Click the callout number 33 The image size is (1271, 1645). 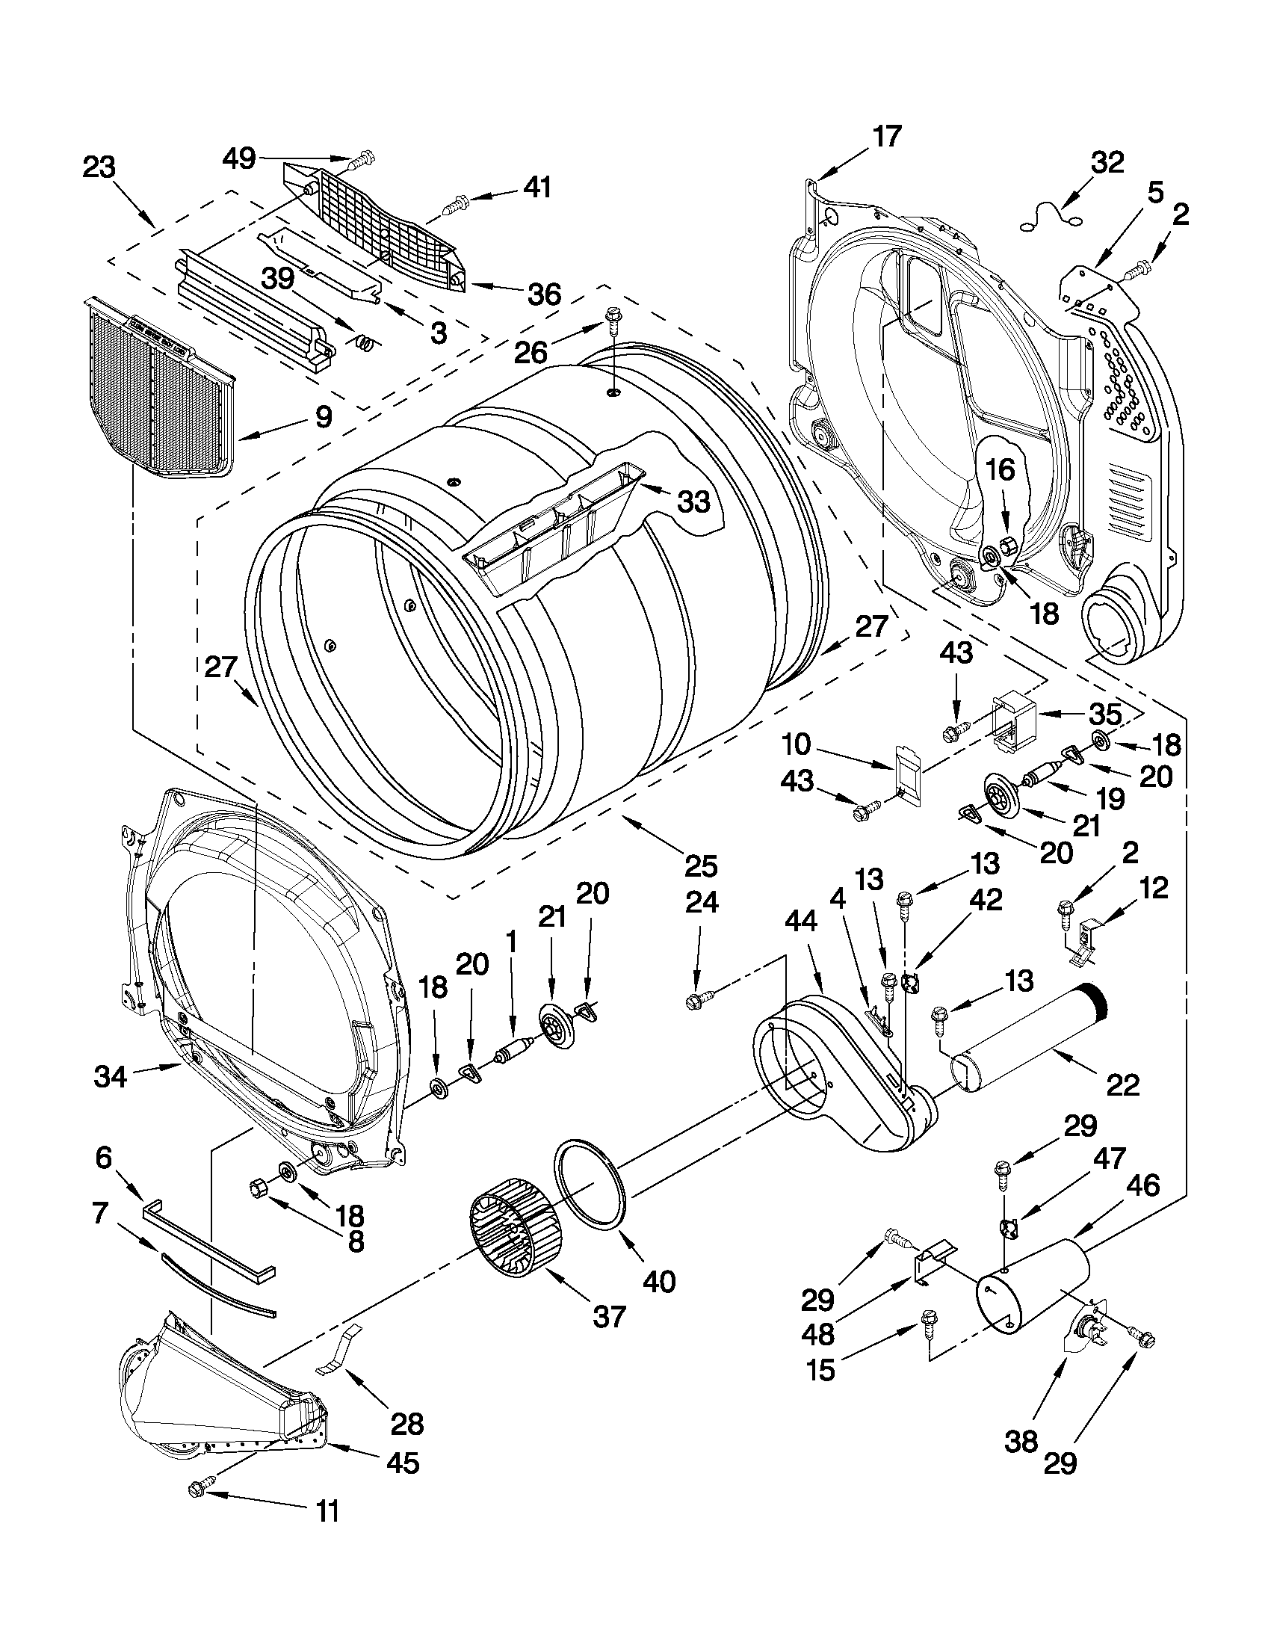tap(693, 500)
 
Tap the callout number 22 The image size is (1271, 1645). tap(1122, 1084)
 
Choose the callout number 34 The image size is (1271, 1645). tap(111, 1076)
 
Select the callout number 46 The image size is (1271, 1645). tap(1143, 1185)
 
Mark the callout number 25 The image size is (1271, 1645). tap(700, 865)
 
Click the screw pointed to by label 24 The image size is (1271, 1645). tap(693, 1001)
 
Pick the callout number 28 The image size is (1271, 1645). tap(406, 1423)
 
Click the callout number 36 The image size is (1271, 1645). tap(544, 293)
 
